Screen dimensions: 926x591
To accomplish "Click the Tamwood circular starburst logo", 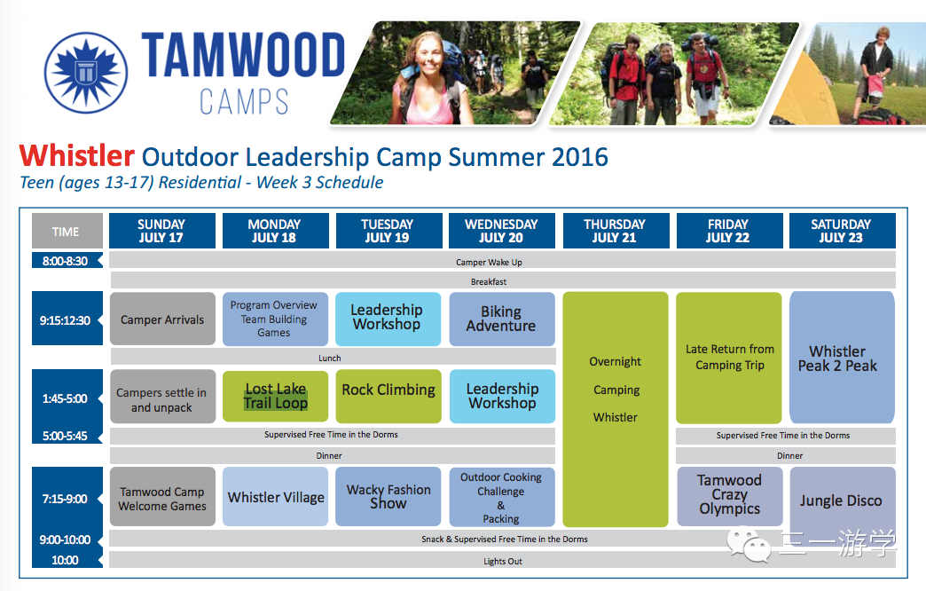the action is pyautogui.click(x=86, y=73).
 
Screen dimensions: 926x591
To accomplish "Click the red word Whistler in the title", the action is pyautogui.click(x=77, y=156).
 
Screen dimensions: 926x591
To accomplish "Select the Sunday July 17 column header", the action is pyautogui.click(x=161, y=231).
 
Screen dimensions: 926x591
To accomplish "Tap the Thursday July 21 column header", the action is pyautogui.click(x=616, y=231).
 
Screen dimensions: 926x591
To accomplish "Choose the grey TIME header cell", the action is pyautogui.click(x=67, y=231).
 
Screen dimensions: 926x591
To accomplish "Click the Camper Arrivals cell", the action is pyautogui.click(x=162, y=319).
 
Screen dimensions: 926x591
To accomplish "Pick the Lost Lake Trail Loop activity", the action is pyautogui.click(x=275, y=397).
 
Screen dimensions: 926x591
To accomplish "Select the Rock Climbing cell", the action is pyautogui.click(x=388, y=397).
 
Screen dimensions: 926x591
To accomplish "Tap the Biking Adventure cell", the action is pyautogui.click(x=502, y=319).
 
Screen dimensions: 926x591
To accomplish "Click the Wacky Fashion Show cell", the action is pyautogui.click(x=388, y=496).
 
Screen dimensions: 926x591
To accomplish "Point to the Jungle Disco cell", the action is pyautogui.click(x=842, y=500).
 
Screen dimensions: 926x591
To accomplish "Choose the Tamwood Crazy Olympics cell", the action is pyautogui.click(x=729, y=496).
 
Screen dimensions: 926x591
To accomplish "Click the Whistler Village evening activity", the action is pyautogui.click(x=275, y=496).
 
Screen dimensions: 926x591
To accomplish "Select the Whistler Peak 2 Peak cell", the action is pyautogui.click(x=842, y=358).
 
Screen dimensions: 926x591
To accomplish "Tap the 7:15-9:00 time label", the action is pyautogui.click(x=65, y=499).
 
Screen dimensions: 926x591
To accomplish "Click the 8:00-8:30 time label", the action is pyautogui.click(x=65, y=261).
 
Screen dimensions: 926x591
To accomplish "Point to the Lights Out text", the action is pyautogui.click(x=503, y=562).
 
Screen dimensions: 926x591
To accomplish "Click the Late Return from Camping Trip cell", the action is pyautogui.click(x=729, y=358).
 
